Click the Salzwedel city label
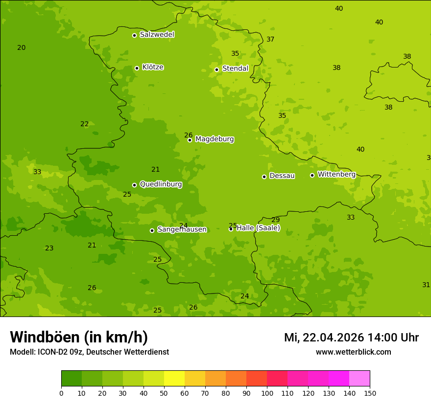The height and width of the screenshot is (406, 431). pos(157,35)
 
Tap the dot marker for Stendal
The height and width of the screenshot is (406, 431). pos(216,69)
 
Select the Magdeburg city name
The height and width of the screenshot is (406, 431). pos(215,139)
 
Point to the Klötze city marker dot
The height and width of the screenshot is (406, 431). pos(137,68)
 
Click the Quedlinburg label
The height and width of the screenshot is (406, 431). pos(161,184)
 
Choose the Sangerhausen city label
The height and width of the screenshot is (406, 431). pos(182,229)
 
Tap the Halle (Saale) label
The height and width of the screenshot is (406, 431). pos(258,228)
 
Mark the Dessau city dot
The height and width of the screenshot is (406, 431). pos(264,177)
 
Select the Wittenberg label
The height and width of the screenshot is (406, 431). pos(336,175)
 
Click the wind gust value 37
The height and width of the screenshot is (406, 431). pos(270,39)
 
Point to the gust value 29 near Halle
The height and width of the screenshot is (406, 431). pos(276,220)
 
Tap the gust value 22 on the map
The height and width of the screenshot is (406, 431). pos(85,124)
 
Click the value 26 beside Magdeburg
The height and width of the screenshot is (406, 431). pos(188,135)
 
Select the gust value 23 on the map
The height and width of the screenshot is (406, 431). pos(49,248)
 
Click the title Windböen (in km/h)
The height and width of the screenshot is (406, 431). pos(79,337)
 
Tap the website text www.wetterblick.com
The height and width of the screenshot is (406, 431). pos(353,352)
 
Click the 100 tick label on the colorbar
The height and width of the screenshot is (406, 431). pos(267,393)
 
